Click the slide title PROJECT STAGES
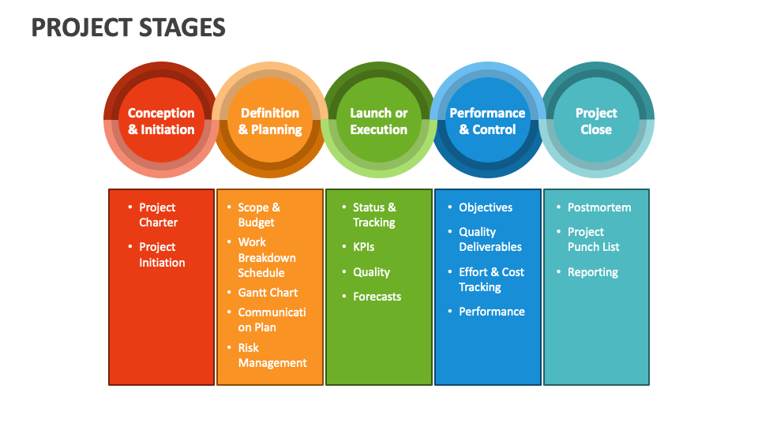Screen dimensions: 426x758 pyautogui.click(x=128, y=28)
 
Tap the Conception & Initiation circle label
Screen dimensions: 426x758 pyautogui.click(x=161, y=121)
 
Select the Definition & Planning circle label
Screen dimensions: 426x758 pyautogui.click(x=270, y=121)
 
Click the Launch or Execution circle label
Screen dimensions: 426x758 pyautogui.click(x=379, y=121)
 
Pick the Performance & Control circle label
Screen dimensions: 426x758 pyautogui.click(x=487, y=121)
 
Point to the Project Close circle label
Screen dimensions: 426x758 pyautogui.click(x=596, y=121)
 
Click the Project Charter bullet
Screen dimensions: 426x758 pyautogui.click(x=158, y=215)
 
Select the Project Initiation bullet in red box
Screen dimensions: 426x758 pyautogui.click(x=162, y=255)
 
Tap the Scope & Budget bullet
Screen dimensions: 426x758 pyautogui.click(x=259, y=215)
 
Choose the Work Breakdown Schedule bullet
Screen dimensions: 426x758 pyautogui.click(x=267, y=257)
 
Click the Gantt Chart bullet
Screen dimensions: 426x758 pyautogui.click(x=268, y=293)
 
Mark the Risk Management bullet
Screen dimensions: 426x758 pyautogui.click(x=272, y=355)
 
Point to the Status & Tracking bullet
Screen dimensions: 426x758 pyautogui.click(x=374, y=215)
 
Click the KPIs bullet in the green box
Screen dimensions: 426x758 pyautogui.click(x=363, y=247)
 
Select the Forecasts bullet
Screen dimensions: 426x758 pyautogui.click(x=377, y=297)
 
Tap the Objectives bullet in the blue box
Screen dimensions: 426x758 pyautogui.click(x=486, y=207)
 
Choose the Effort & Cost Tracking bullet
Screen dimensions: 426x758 pyautogui.click(x=491, y=279)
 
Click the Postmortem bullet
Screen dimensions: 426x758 pyautogui.click(x=599, y=207)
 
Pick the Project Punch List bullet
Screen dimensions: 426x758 pyautogui.click(x=593, y=239)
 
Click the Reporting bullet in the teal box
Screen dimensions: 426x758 pyautogui.click(x=592, y=272)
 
